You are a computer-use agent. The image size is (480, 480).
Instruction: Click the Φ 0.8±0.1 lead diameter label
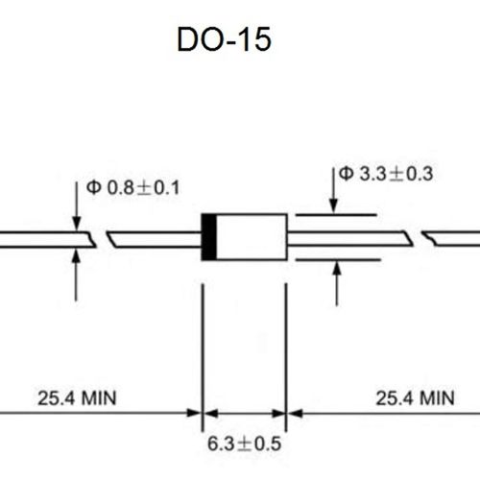point(132,187)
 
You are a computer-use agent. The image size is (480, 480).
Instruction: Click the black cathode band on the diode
point(207,236)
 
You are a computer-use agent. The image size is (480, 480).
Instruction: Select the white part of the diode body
point(251,236)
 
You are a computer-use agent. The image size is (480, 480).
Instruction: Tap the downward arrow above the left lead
point(77,211)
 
